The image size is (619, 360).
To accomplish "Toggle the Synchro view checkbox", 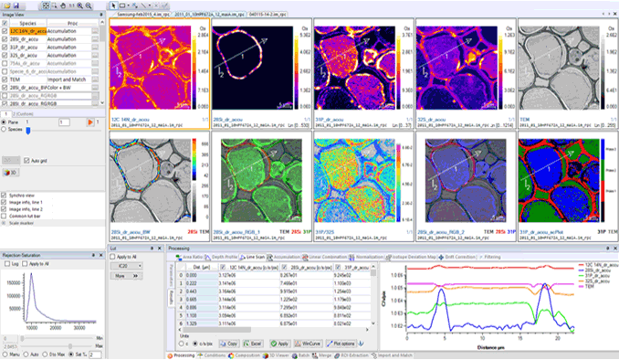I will click(5, 195).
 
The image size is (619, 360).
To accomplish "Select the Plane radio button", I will click(4, 121).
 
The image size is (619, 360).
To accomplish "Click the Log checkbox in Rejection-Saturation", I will click(5, 263).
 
